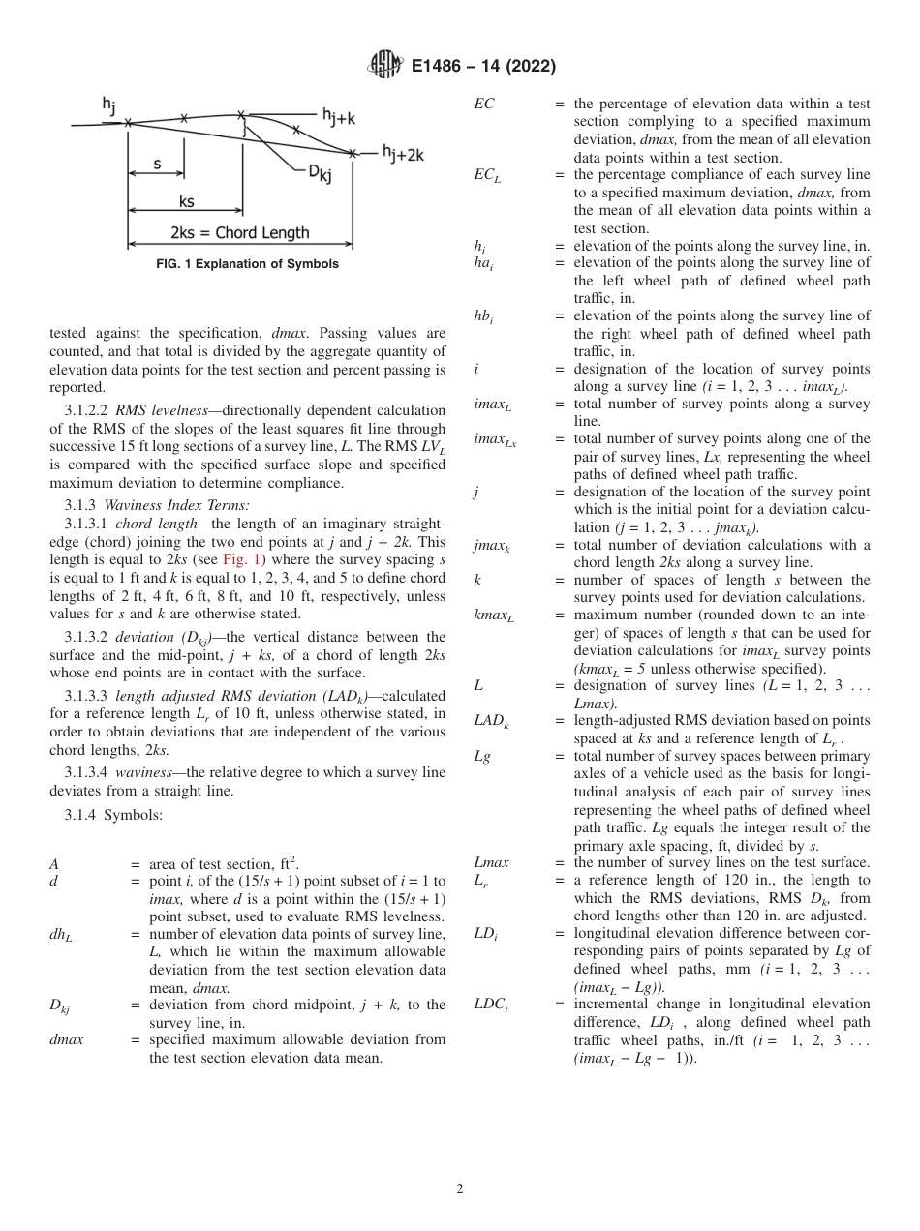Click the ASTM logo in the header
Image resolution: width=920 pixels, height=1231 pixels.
[385, 66]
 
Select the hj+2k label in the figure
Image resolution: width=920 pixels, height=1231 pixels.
[402, 153]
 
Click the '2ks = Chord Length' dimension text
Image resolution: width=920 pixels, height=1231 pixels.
[240, 232]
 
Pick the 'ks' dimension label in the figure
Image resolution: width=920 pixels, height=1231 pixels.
[186, 202]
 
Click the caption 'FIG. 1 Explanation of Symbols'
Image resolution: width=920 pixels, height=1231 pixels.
[247, 263]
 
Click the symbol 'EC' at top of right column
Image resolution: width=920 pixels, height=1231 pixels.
[483, 104]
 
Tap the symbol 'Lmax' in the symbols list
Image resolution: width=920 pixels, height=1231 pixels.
[491, 862]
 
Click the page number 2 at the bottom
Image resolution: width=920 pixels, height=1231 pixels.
[460, 1189]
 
